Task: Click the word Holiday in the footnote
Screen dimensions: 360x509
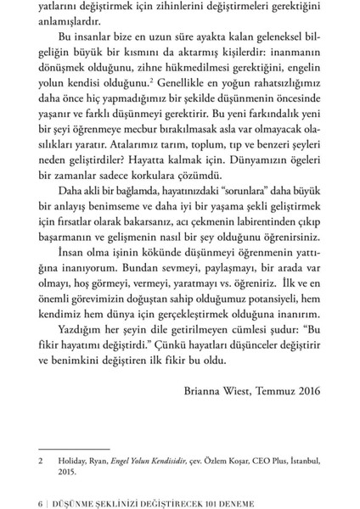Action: point(71,462)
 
